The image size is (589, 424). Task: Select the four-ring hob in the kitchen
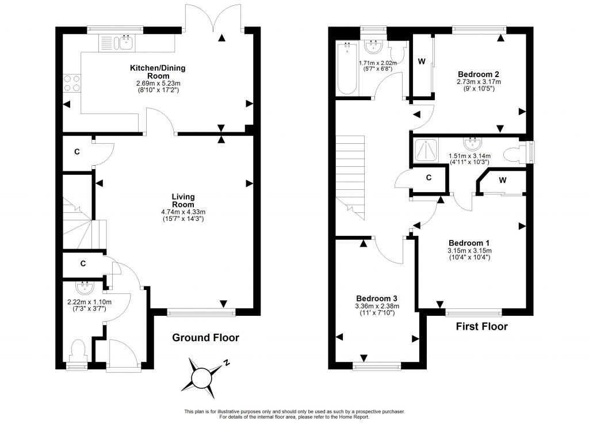(72, 83)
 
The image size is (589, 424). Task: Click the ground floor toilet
(78, 350)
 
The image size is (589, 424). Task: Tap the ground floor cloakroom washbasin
(84, 286)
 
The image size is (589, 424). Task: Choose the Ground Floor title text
(206, 338)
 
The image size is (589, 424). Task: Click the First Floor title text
(481, 327)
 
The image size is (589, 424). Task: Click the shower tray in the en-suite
(426, 151)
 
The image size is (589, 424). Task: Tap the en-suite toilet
(514, 154)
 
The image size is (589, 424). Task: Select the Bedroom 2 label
(478, 74)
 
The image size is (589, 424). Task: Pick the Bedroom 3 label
(377, 298)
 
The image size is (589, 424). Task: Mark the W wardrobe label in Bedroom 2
(422, 62)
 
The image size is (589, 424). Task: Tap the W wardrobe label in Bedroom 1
(503, 181)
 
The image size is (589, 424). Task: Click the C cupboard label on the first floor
(429, 178)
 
